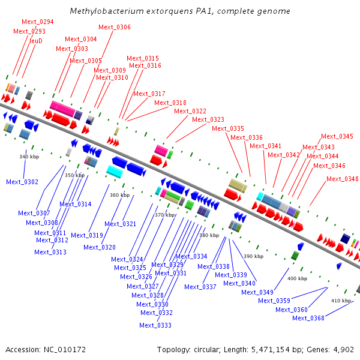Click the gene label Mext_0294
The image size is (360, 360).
(37, 22)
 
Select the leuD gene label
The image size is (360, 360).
(36, 40)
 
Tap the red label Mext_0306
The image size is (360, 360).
(114, 27)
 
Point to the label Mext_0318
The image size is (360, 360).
(170, 103)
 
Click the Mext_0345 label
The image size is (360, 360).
(337, 136)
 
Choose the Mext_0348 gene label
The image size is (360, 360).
(343, 179)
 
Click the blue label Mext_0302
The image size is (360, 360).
(22, 182)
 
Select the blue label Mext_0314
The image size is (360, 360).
(75, 205)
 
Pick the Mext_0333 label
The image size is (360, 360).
(155, 325)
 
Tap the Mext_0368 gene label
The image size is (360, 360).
(308, 318)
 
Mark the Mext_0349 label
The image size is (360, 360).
(257, 292)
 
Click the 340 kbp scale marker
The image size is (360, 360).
(29, 157)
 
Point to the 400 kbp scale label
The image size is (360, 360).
(297, 278)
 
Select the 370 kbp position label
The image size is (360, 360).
(164, 214)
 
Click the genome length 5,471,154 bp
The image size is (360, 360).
(272, 349)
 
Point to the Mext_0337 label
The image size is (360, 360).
(200, 287)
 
